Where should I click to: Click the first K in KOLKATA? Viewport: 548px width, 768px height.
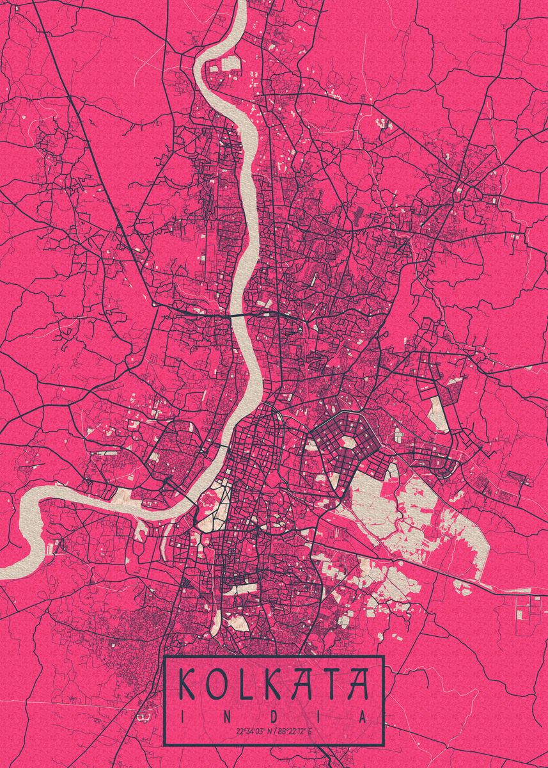pos(186,684)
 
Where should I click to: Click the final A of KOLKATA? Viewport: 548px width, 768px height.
pos(358,684)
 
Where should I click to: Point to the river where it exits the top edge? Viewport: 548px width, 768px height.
pos(241,3)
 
